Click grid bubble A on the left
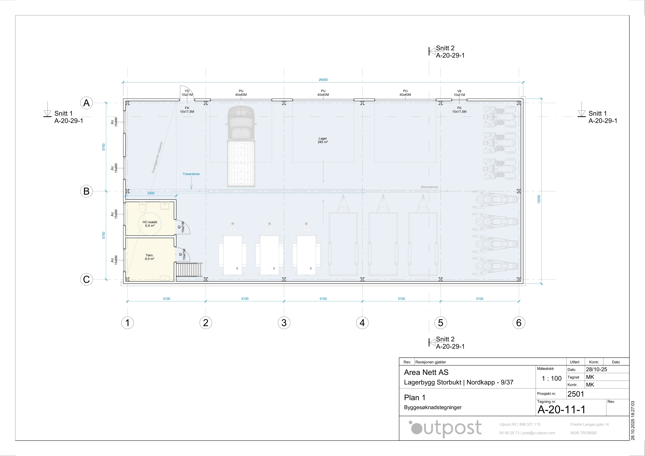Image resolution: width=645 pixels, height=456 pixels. pyautogui.click(x=86, y=103)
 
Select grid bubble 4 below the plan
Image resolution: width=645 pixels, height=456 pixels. pyautogui.click(x=362, y=323)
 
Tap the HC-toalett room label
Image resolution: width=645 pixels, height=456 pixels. pyautogui.click(x=150, y=224)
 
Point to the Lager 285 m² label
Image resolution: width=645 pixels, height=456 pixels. pyautogui.click(x=323, y=140)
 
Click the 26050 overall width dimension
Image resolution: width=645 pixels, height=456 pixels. pyautogui.click(x=323, y=80)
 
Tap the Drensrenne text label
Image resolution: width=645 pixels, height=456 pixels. pyautogui.click(x=429, y=187)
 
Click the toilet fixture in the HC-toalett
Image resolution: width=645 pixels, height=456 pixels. pyautogui.click(x=142, y=208)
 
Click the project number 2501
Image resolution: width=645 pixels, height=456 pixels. pyautogui.click(x=576, y=394)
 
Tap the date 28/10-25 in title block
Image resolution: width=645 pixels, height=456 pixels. pyautogui.click(x=596, y=369)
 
